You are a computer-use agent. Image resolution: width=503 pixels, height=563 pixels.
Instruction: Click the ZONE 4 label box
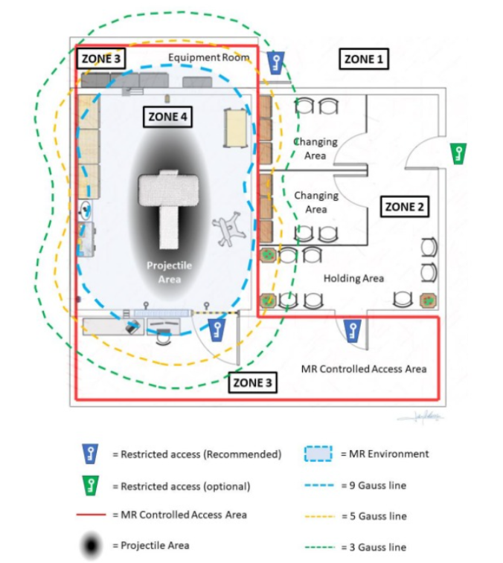coord(167,117)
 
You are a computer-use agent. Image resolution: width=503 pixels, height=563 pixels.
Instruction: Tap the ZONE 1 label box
coord(364,59)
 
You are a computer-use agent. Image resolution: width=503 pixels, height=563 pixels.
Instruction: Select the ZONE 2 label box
coord(405,207)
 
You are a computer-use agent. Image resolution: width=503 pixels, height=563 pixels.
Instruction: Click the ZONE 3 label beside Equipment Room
coord(101,59)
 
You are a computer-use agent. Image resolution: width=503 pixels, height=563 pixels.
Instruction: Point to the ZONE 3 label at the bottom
coord(252,382)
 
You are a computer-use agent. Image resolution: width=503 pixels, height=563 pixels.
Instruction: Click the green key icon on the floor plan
coord(458,154)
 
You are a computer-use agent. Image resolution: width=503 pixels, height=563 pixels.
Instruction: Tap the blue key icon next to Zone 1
coord(276,62)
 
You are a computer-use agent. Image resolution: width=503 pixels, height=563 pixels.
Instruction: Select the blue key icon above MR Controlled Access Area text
coord(353,331)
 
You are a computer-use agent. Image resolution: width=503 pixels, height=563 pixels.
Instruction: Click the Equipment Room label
coord(209,57)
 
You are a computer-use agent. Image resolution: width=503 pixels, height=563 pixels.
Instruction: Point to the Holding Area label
coord(353,278)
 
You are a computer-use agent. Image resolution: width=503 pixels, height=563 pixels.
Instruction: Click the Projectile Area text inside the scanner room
coord(169,272)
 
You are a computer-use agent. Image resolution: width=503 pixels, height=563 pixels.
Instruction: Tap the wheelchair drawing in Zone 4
coord(228,229)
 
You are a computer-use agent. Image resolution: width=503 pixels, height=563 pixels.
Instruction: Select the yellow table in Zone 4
coord(235,128)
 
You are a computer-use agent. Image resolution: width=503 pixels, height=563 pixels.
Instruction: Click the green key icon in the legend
coord(91,486)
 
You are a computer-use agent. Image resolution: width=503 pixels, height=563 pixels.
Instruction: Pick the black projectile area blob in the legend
coord(92,546)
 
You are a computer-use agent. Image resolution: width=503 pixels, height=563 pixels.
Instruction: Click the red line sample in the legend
coord(92,515)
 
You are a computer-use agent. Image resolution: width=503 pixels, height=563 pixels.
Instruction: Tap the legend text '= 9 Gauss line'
coord(374,486)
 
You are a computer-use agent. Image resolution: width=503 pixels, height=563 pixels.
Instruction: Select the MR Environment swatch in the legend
coord(318,454)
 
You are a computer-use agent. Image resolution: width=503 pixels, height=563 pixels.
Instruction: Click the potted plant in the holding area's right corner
coord(429,301)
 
